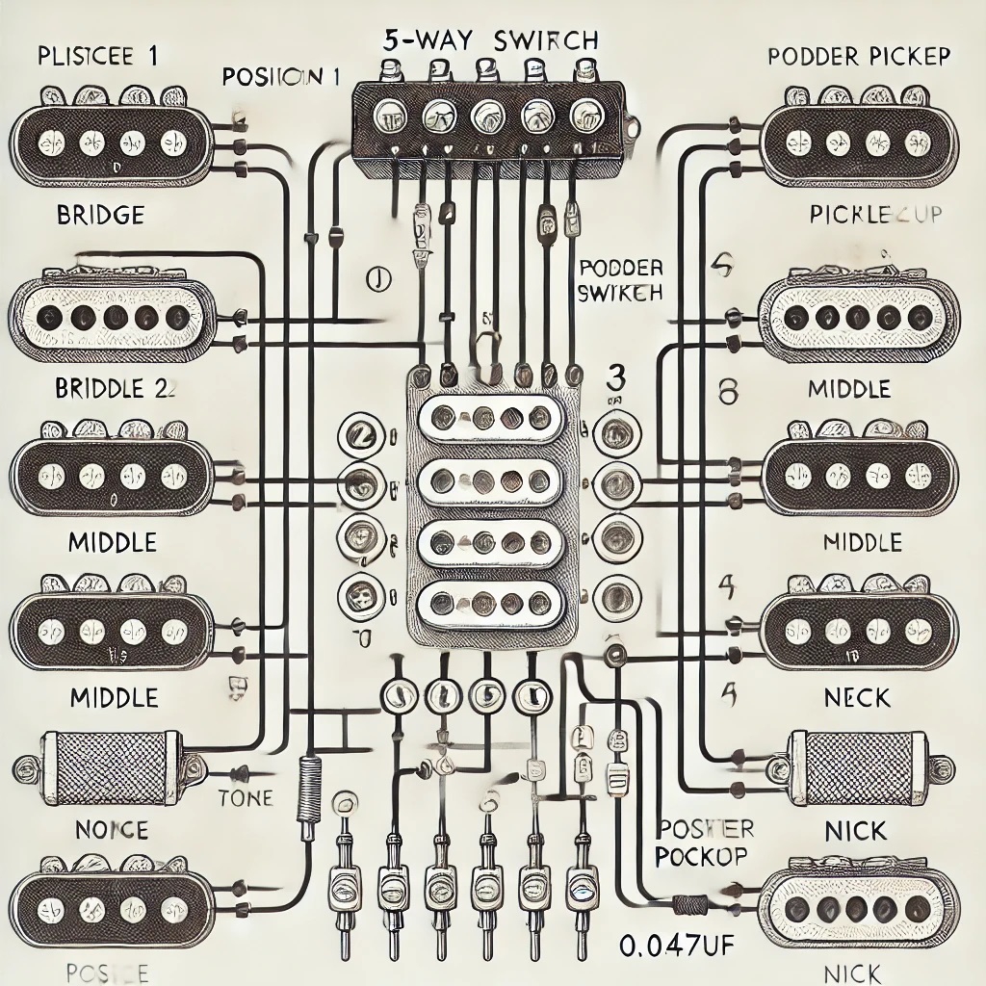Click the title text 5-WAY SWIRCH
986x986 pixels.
click(x=490, y=41)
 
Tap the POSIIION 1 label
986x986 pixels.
click(x=280, y=78)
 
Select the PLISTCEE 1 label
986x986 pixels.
click(x=99, y=56)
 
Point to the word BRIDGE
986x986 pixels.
click(x=101, y=215)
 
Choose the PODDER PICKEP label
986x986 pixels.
click(x=859, y=56)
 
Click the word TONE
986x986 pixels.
click(x=246, y=797)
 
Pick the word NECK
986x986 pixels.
click(x=858, y=696)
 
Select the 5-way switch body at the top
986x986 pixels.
click(x=489, y=117)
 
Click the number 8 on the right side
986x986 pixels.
click(x=728, y=391)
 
